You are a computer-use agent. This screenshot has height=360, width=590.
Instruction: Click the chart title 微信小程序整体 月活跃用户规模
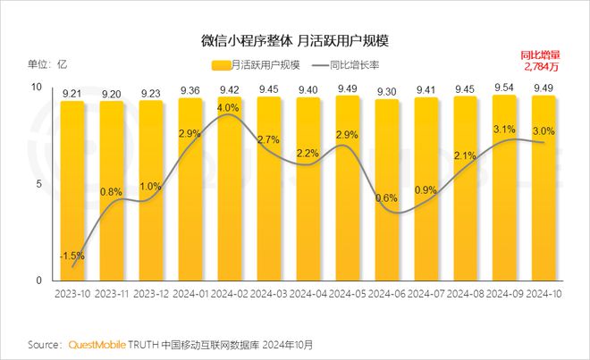[295, 41]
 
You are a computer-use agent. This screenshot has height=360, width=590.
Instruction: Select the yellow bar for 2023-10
[72, 197]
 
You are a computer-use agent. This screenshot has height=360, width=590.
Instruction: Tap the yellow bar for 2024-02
[230, 197]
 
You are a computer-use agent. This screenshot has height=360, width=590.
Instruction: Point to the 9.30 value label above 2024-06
[387, 91]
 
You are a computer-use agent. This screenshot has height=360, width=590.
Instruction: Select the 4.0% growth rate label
[229, 108]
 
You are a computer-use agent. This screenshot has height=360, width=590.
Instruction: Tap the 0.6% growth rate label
[387, 198]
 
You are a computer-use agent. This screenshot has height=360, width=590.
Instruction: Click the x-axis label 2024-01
[190, 294]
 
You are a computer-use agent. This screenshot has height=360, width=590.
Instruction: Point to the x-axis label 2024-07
[426, 294]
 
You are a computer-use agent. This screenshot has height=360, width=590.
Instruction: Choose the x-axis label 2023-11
[112, 294]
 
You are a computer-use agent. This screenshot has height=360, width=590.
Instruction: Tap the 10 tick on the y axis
[37, 87]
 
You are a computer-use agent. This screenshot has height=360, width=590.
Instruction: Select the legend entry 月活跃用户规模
[258, 65]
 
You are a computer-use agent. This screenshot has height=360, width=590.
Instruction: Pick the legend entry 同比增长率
[349, 65]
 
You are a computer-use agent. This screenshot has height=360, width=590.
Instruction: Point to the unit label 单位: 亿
[48, 64]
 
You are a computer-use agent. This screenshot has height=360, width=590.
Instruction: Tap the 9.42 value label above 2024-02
[230, 89]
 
